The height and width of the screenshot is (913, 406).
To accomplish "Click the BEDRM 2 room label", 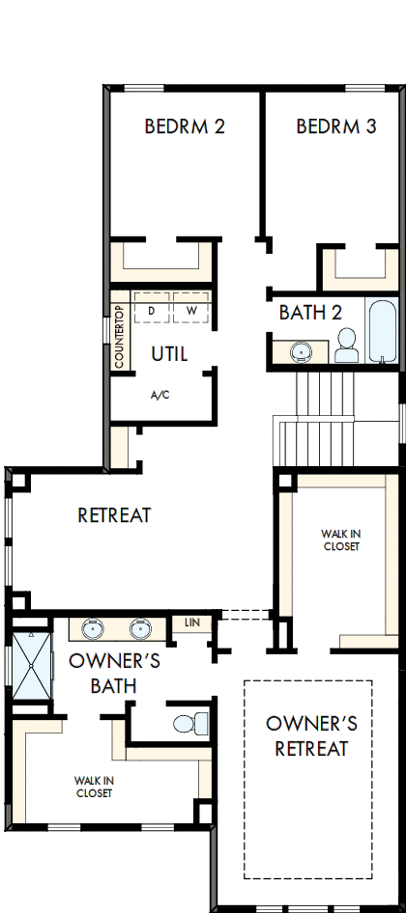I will tap(185, 126).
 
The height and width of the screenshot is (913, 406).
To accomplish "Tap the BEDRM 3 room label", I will tap(335, 126).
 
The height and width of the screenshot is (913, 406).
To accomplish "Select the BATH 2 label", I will tap(310, 313).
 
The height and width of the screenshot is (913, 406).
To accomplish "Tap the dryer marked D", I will tap(152, 310).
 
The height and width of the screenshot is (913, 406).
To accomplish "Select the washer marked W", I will tap(191, 310).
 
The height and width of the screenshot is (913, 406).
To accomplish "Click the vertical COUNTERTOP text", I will tap(119, 337).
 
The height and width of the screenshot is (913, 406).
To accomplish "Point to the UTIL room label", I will tap(168, 354).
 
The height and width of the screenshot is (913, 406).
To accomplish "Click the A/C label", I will tap(160, 395).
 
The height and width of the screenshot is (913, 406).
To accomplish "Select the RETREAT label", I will tap(114, 515).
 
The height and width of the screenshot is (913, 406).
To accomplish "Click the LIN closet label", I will tap(191, 622).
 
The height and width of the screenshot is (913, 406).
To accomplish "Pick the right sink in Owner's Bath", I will tap(141, 630).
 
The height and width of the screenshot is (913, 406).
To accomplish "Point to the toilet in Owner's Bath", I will tap(189, 722).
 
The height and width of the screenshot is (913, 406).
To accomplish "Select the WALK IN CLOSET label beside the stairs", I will tap(340, 539).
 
